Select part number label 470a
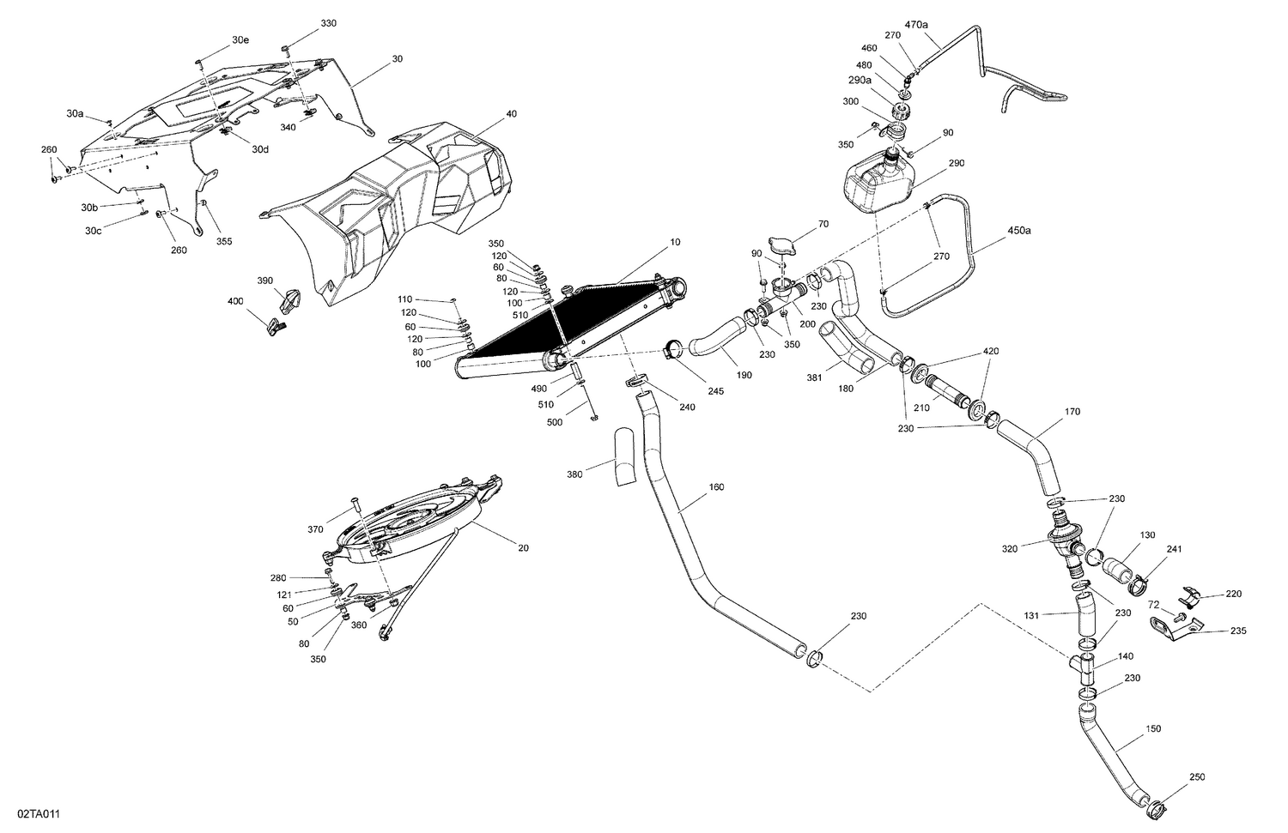click(916, 25)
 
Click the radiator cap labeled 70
click(784, 247)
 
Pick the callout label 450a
click(1020, 231)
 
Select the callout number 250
click(1197, 777)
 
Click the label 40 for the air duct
click(511, 113)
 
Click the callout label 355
click(223, 241)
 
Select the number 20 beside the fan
click(523, 548)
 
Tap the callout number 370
click(315, 530)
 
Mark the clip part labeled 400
click(276, 326)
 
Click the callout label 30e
click(240, 40)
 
